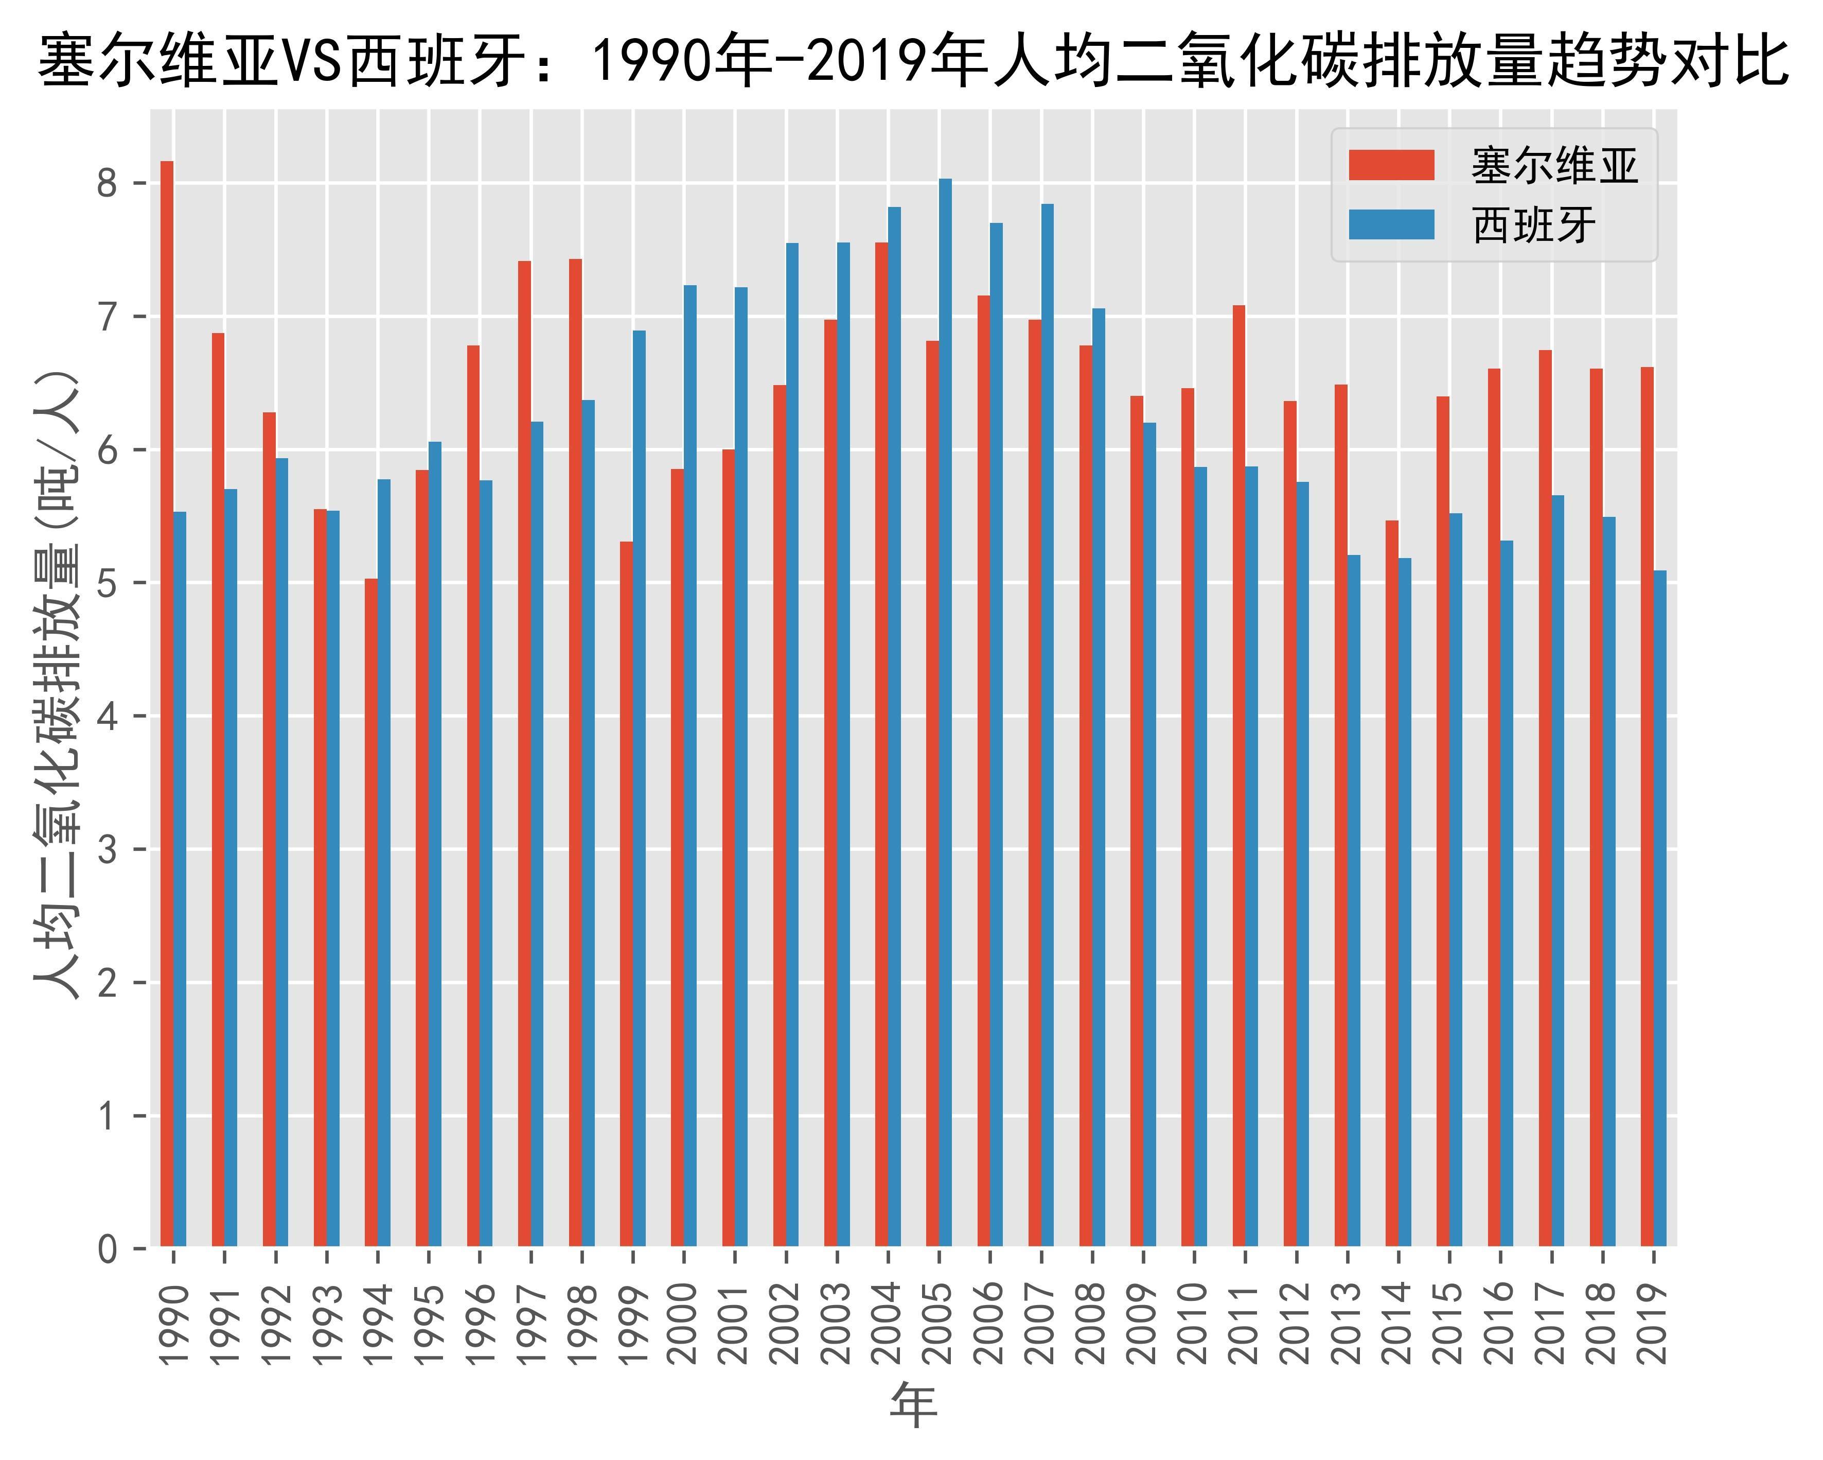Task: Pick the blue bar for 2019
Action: point(1660,909)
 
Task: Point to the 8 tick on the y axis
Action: point(108,184)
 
